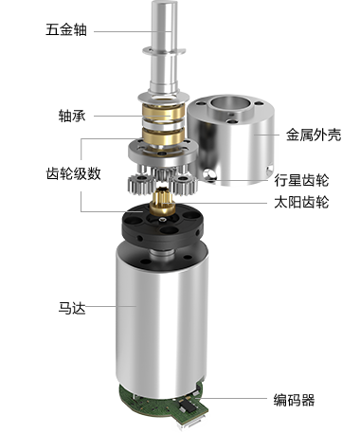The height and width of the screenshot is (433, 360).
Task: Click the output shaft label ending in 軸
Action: point(67,29)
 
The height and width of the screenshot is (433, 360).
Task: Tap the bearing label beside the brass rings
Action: point(70,116)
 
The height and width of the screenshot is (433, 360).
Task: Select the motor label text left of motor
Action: point(72,307)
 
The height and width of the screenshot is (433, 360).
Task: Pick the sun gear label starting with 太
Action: point(301,201)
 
